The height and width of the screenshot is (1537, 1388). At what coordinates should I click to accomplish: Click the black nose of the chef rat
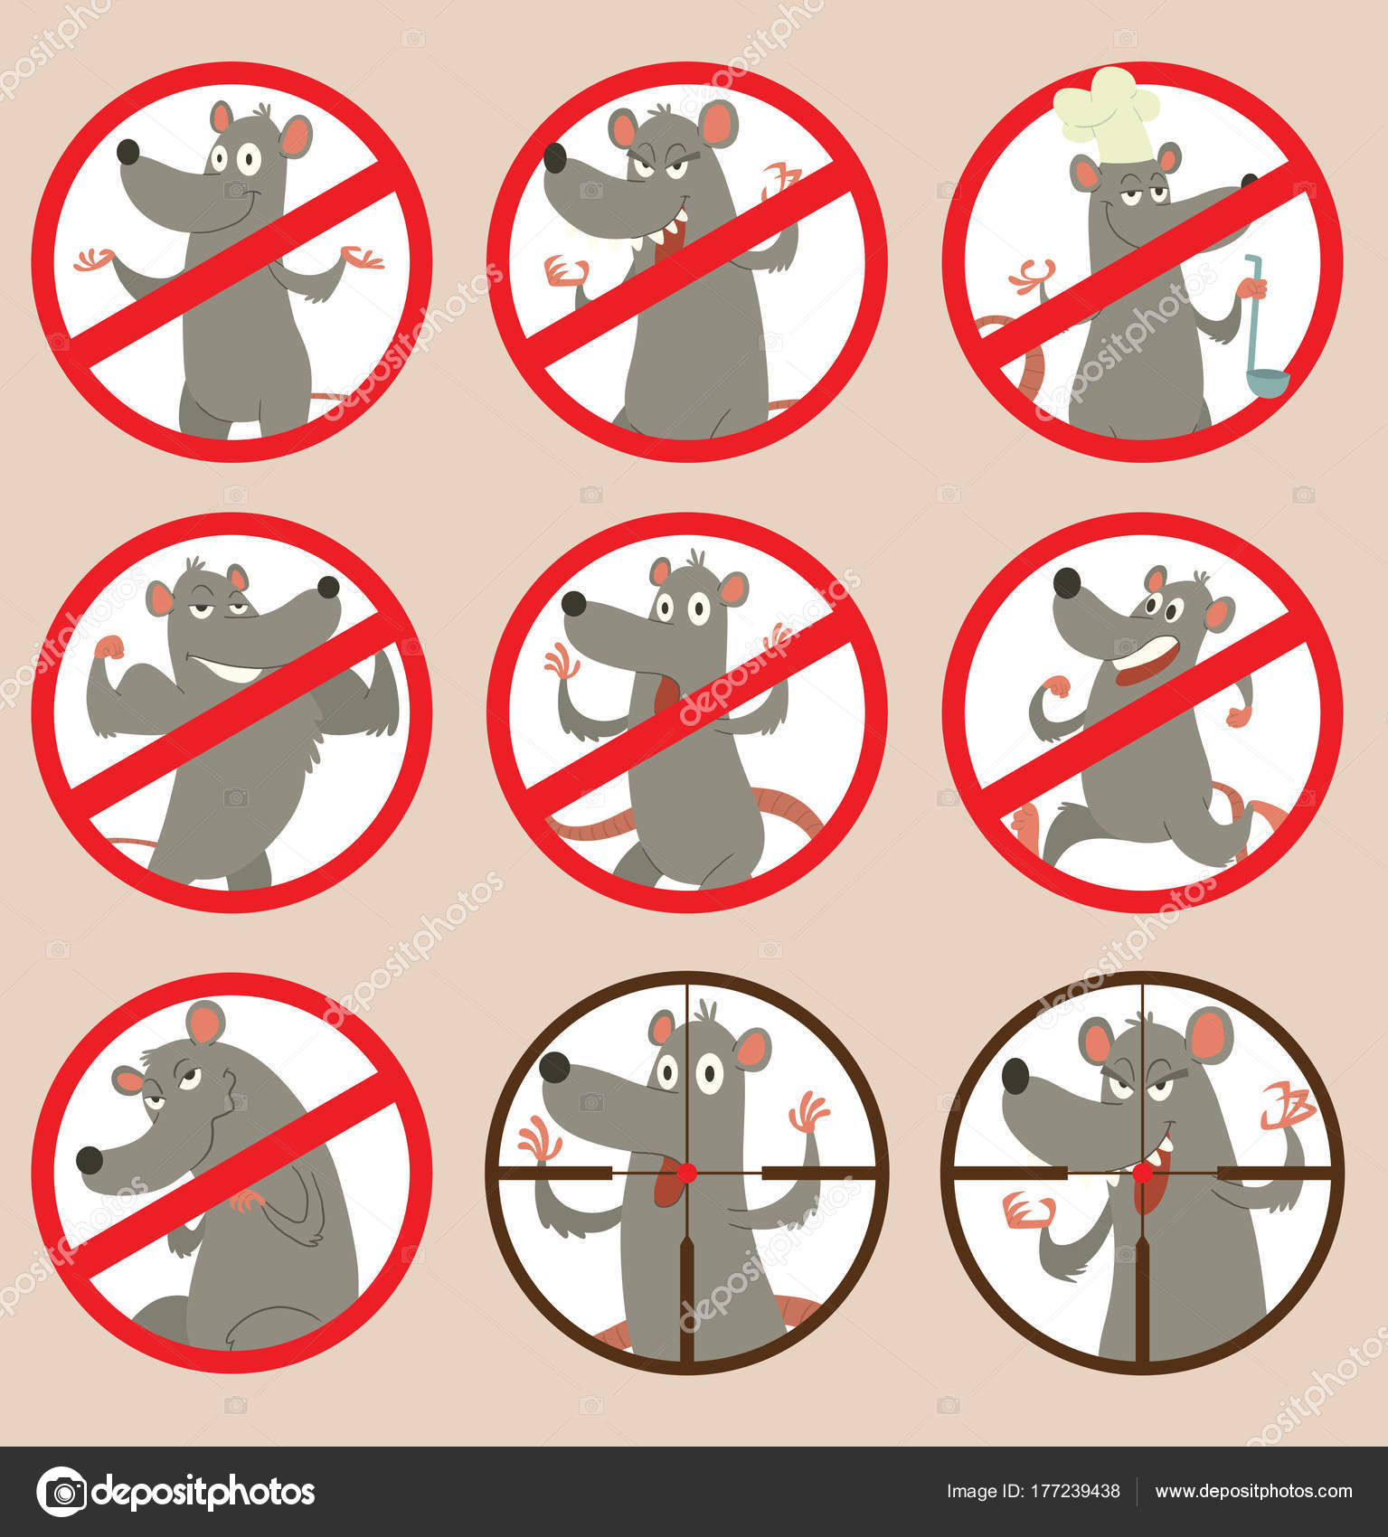1250,180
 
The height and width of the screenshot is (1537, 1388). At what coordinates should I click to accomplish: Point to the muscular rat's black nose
328,588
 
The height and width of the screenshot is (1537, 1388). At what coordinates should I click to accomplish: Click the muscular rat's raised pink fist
109,647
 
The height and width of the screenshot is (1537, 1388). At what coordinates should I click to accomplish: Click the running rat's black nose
1067,582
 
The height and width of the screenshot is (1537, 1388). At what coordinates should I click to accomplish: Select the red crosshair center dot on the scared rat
686,1173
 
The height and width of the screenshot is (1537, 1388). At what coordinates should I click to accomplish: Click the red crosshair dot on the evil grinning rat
1143,1173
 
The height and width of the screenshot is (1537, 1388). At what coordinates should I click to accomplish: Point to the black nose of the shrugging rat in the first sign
128,152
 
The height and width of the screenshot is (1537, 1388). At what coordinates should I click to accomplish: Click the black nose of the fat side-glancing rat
90,1160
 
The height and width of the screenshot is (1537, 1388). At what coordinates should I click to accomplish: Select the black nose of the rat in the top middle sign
554,158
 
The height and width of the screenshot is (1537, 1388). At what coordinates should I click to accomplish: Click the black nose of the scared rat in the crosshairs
554,1067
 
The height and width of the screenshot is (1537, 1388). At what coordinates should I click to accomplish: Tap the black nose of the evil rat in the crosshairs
1015,1076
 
